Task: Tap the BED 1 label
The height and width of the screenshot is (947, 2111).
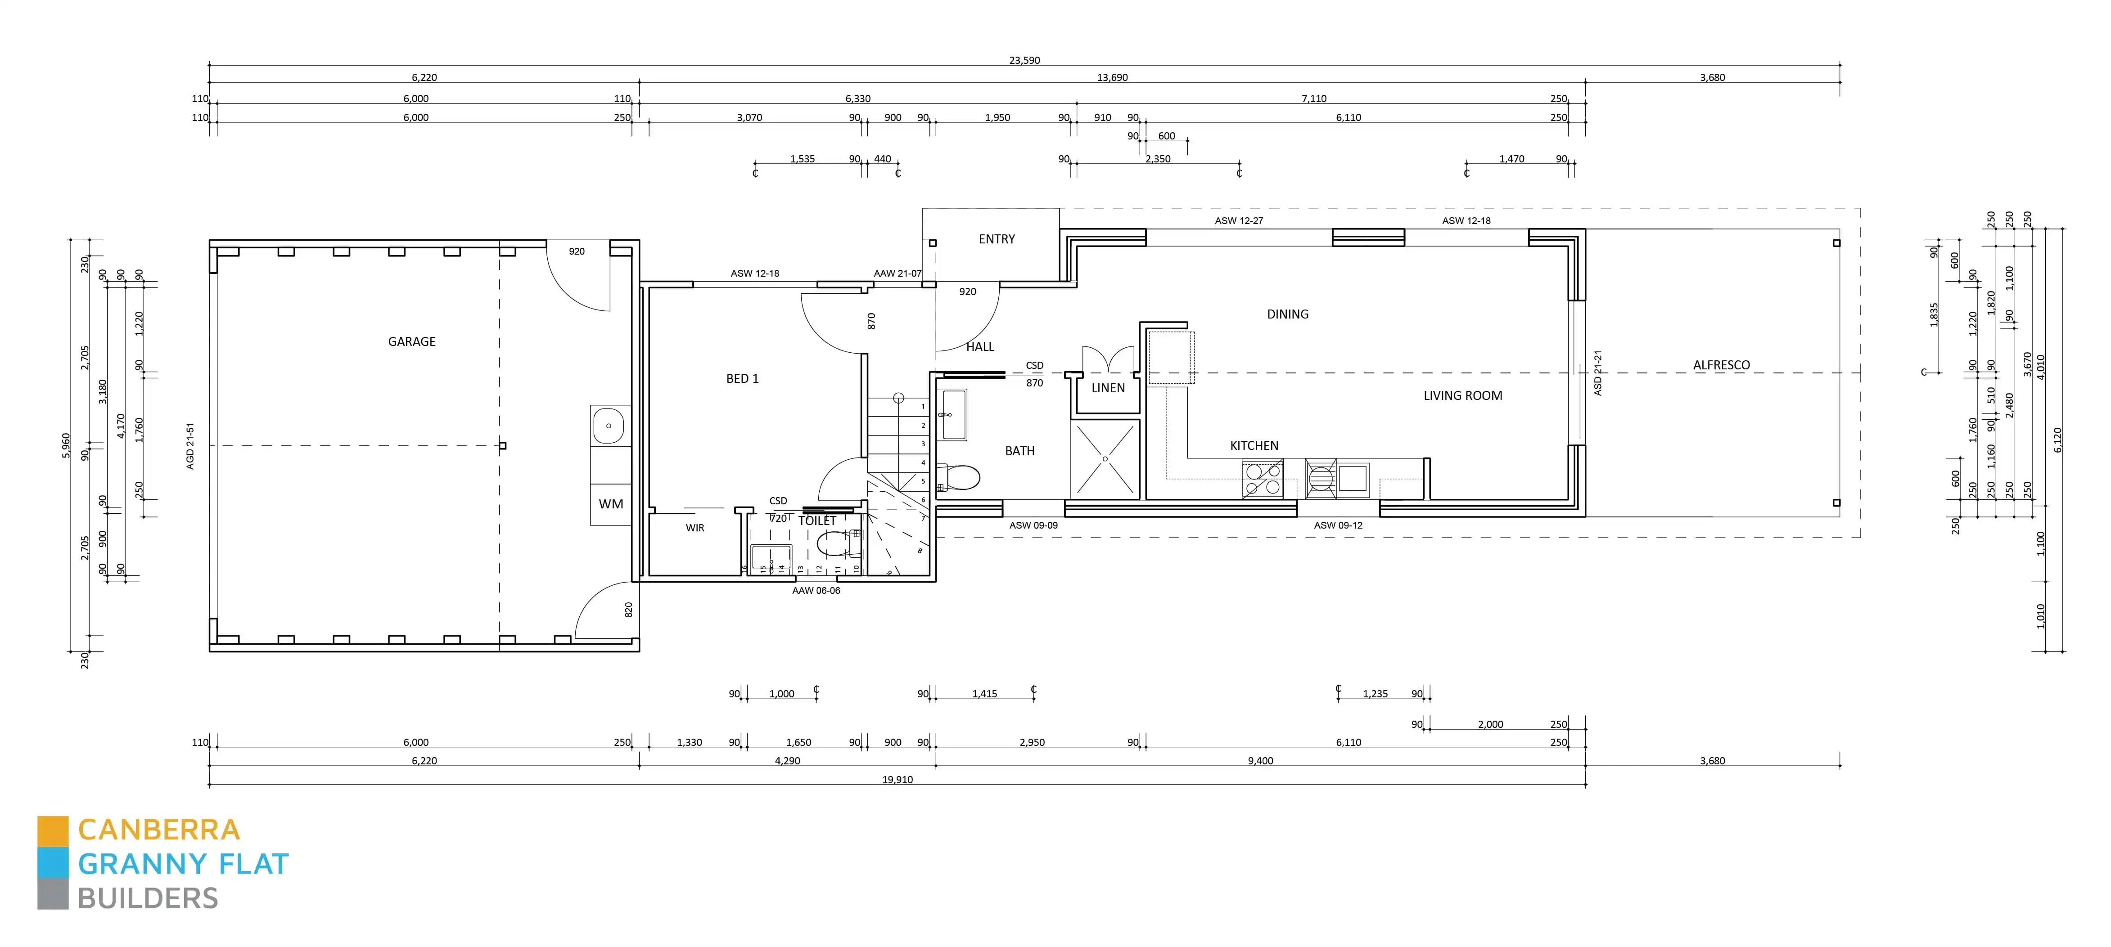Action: (x=743, y=378)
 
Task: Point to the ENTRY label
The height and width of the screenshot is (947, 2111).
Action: (x=997, y=239)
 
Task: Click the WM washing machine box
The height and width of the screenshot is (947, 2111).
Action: (x=610, y=504)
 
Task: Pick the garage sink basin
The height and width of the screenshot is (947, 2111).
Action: (x=609, y=426)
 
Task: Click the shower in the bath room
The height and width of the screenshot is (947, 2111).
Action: (x=1105, y=459)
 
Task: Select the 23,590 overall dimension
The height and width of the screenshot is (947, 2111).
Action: (x=1024, y=61)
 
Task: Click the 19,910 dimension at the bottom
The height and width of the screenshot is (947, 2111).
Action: (x=898, y=780)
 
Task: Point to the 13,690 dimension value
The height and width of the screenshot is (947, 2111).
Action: (x=1112, y=78)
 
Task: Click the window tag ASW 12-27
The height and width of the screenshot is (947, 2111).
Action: (x=1238, y=220)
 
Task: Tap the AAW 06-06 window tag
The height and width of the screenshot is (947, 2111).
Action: (x=816, y=591)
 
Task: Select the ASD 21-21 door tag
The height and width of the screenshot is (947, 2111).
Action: (x=1597, y=373)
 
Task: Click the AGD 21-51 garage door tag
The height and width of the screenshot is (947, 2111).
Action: (x=190, y=446)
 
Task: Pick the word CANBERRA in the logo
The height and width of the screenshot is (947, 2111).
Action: (x=159, y=830)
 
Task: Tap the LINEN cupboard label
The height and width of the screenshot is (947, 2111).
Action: (x=1108, y=388)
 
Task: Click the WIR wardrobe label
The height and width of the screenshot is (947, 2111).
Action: (x=695, y=529)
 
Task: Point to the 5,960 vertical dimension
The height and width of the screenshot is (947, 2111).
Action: (x=66, y=446)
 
